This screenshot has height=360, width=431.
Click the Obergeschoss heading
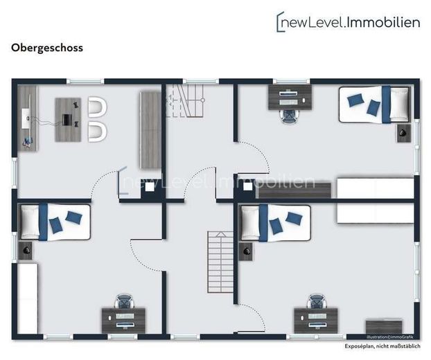[x=47, y=48]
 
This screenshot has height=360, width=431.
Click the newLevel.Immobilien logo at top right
[x=348, y=21]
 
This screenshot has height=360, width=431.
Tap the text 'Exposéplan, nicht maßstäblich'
[x=382, y=346]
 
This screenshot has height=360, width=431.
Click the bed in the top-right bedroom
[x=374, y=105]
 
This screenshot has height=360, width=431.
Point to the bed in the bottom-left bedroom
[x=55, y=222]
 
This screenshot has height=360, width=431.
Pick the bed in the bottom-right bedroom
[x=275, y=223]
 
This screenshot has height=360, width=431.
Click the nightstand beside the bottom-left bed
[x=26, y=251]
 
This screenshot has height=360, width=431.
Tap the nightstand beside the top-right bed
[x=404, y=134]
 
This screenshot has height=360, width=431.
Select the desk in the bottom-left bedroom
[x=123, y=321]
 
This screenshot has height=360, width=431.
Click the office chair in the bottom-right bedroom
[x=317, y=301]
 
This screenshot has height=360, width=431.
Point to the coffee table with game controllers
[x=68, y=120]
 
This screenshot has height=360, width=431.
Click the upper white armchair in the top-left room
[x=97, y=107]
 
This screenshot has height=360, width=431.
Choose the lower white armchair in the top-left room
[x=97, y=132]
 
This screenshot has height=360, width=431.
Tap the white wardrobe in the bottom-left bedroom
[x=28, y=299]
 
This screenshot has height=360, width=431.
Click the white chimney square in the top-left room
[x=150, y=187]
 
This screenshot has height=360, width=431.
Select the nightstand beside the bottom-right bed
[x=246, y=252]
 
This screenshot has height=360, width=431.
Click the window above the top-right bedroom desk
[x=291, y=81]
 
